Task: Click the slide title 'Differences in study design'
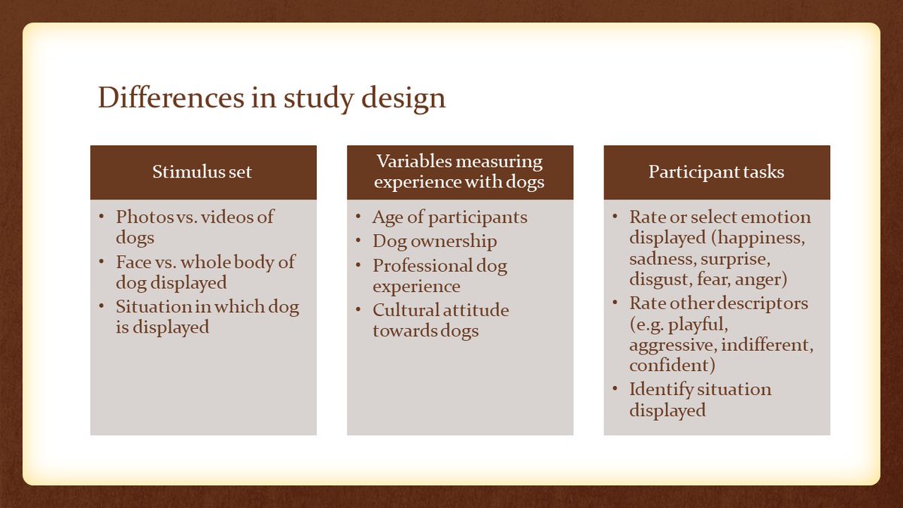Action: point(272,99)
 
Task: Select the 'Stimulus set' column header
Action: point(202,172)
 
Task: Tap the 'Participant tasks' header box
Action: point(716,172)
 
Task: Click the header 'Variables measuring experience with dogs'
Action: point(459,172)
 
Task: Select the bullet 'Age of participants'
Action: point(449,218)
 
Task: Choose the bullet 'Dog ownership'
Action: point(434,242)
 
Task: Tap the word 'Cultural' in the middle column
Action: point(403,311)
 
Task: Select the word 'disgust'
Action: point(658,280)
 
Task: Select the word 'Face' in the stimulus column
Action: point(134,263)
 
